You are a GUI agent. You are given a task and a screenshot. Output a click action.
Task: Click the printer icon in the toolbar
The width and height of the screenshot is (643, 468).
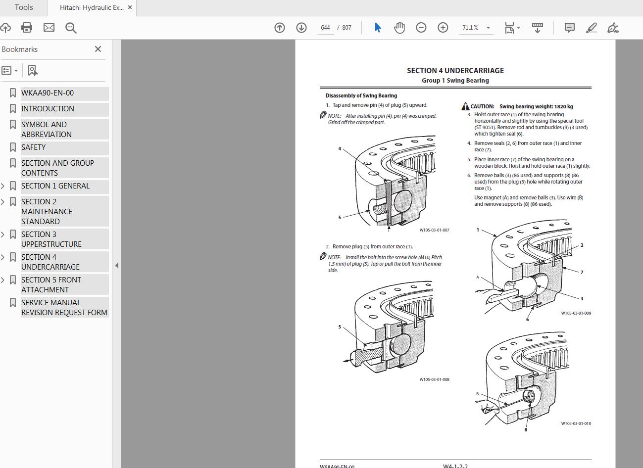(27, 28)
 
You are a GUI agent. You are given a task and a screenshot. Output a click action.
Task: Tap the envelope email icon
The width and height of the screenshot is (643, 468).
(49, 28)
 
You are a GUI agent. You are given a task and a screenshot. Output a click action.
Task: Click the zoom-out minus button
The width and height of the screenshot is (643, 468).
(421, 28)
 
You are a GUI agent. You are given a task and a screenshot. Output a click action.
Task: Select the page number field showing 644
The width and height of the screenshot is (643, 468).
(325, 28)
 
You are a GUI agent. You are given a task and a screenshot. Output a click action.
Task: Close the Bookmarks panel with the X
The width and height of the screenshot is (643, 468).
(98, 49)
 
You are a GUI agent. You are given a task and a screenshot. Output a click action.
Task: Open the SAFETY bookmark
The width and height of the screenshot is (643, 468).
(33, 147)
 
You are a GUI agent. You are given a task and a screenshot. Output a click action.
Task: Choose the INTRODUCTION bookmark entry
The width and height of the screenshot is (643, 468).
(48, 109)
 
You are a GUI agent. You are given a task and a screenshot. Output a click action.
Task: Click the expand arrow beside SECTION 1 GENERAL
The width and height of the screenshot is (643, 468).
(2, 186)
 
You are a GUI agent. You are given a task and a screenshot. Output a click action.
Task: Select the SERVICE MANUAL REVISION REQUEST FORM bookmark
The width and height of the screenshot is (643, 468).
(64, 307)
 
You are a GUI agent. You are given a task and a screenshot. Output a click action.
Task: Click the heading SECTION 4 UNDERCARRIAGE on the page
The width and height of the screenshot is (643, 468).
(455, 71)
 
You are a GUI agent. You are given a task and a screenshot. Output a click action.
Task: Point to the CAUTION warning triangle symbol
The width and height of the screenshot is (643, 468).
(465, 106)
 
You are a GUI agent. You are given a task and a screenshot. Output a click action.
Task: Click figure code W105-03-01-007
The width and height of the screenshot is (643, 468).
(434, 230)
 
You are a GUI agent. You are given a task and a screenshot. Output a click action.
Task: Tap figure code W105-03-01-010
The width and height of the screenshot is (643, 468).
(576, 423)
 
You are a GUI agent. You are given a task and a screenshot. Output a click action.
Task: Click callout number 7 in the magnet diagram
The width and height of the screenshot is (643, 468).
(582, 272)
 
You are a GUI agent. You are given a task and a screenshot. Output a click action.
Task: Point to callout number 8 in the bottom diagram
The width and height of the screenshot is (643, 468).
(526, 429)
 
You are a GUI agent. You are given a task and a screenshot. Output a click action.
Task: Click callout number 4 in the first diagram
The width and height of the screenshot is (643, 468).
(340, 148)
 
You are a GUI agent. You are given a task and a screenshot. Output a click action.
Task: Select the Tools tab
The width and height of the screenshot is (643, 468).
(24, 7)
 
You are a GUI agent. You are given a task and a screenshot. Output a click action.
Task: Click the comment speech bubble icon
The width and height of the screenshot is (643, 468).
(569, 28)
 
